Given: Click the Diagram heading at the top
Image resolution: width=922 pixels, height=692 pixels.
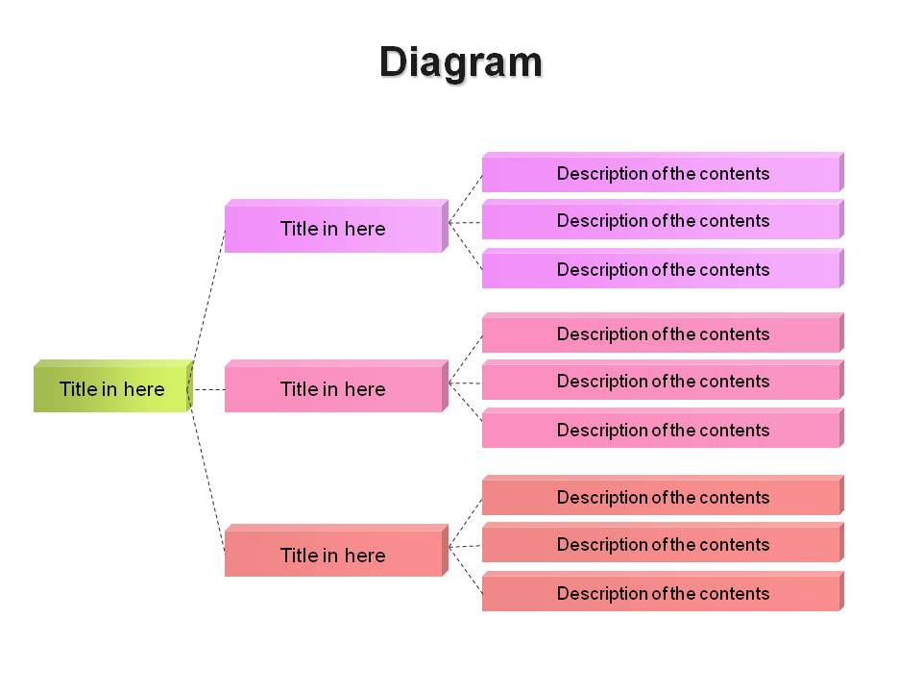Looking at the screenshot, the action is point(460,62).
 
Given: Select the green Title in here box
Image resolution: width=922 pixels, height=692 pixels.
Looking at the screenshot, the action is point(113,386).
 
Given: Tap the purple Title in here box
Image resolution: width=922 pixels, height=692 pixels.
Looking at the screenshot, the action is point(336,226).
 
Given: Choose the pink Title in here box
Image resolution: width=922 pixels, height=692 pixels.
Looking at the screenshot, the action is point(336,386).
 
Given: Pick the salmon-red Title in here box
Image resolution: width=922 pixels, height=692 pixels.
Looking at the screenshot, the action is point(336,550).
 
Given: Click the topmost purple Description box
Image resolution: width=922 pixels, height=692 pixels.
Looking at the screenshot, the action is point(663,172).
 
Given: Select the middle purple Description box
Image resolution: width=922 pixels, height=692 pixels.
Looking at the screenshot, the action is point(663,219).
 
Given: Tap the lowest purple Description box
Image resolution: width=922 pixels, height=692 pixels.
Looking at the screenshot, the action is point(663,268).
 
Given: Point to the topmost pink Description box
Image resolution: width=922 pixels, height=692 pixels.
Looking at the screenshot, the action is point(663,333).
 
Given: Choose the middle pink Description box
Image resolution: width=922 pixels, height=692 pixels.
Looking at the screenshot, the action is point(663,381).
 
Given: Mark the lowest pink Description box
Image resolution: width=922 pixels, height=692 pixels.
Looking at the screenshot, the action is point(663,429).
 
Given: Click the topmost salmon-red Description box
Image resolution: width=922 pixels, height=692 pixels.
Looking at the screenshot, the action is point(663,496).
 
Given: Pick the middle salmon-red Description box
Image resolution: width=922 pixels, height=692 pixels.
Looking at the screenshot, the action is point(663,542).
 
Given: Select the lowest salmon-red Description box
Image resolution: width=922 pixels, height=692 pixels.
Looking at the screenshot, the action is point(663,591).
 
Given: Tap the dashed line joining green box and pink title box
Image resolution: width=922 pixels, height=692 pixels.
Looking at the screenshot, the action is point(209,389).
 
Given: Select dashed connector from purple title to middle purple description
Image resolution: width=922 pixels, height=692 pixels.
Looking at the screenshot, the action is point(465,222).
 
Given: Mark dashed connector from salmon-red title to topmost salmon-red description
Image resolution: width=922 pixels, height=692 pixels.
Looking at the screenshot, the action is point(465,523).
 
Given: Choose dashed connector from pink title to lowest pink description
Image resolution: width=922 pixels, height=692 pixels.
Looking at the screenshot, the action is point(465,403).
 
